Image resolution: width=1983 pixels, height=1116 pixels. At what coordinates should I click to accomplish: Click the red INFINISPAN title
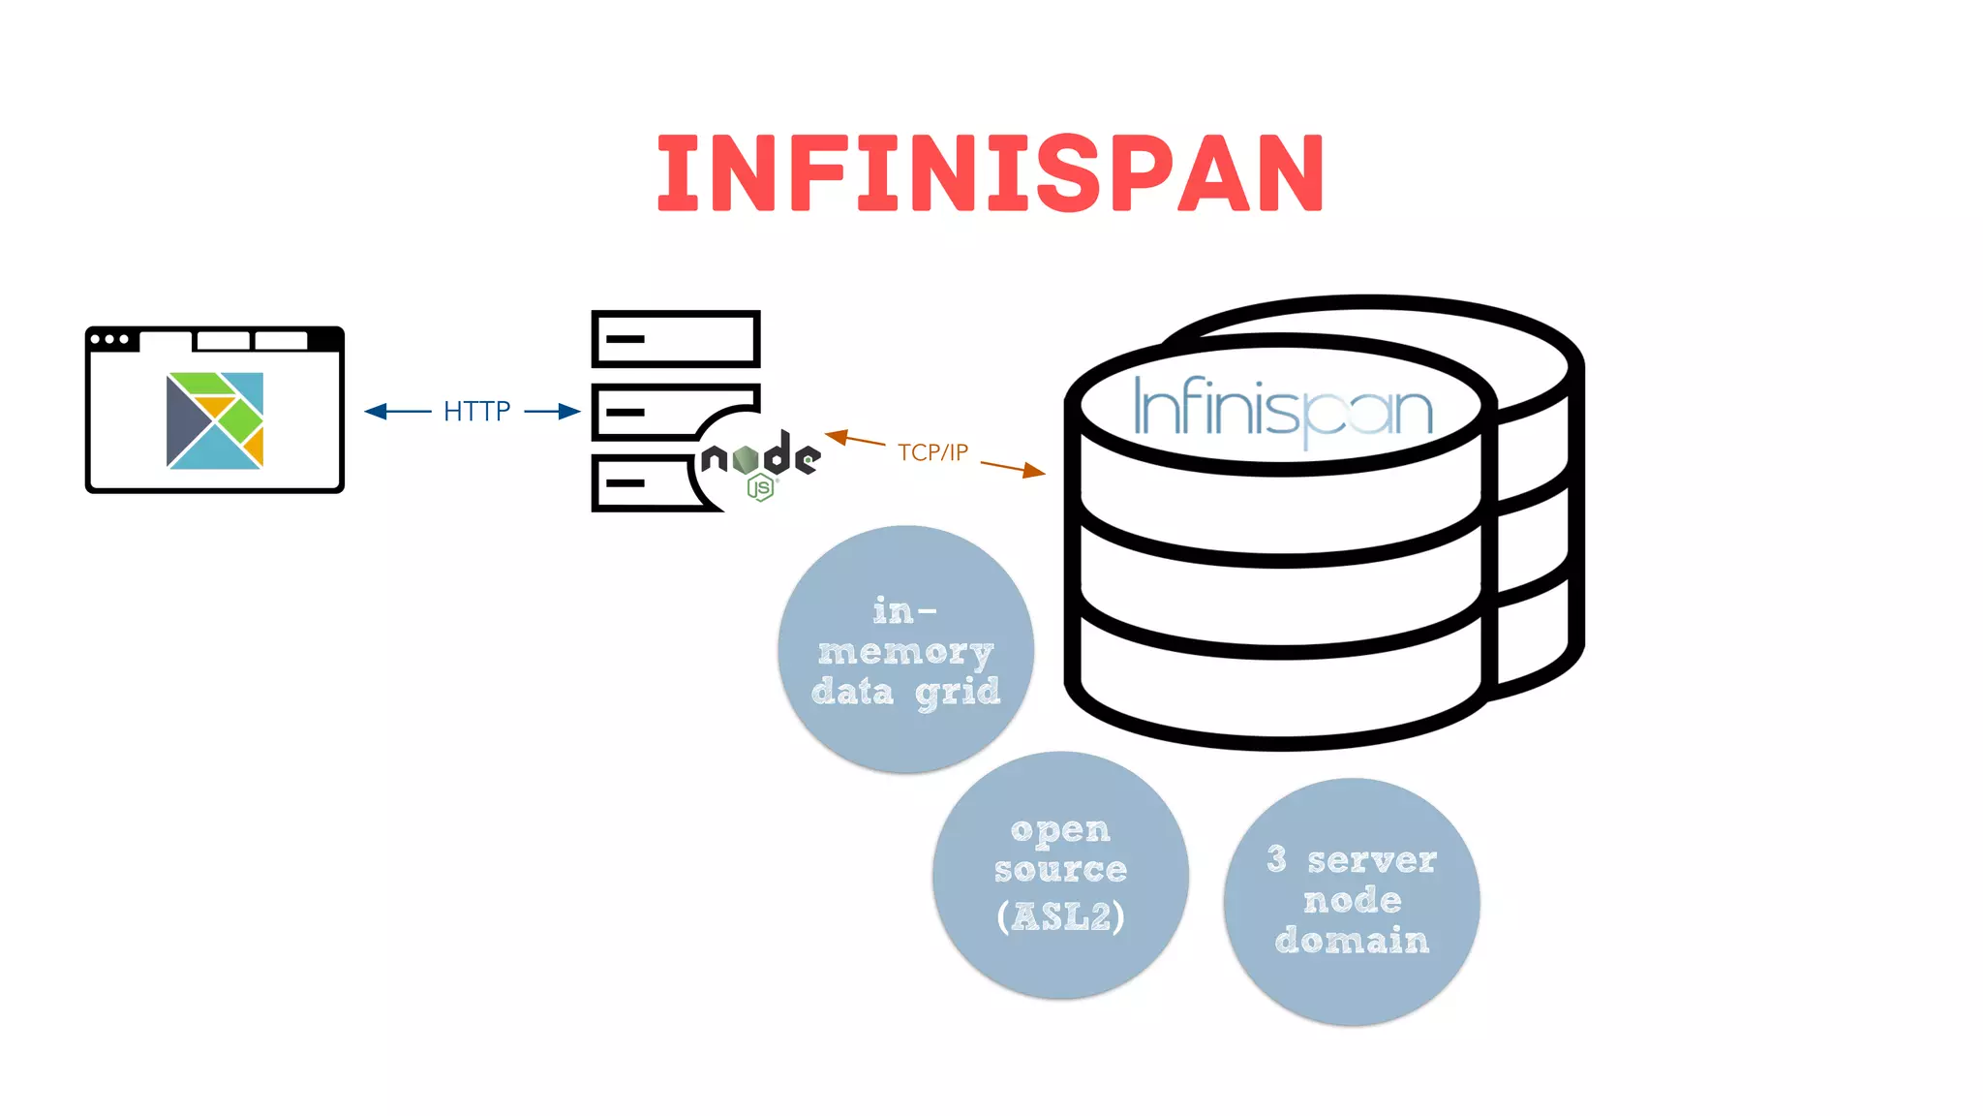[x=990, y=173]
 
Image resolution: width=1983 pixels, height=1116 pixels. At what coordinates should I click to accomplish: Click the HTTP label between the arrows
[x=476, y=412]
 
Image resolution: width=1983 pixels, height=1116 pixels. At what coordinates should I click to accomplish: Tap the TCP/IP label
[x=932, y=452]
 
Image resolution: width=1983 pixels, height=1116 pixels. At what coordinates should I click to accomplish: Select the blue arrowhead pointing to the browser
[x=376, y=412]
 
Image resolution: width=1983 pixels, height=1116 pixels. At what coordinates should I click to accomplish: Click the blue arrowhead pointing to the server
[x=569, y=412]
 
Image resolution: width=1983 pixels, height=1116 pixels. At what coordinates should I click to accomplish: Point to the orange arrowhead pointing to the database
[x=1034, y=472]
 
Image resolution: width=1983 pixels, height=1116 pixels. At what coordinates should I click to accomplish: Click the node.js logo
[x=760, y=459]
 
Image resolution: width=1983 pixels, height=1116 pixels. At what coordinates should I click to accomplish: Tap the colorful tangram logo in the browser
[x=215, y=420]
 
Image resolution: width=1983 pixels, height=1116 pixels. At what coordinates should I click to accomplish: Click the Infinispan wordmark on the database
[x=1283, y=410]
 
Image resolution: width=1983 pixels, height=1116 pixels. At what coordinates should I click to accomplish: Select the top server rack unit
[x=676, y=339]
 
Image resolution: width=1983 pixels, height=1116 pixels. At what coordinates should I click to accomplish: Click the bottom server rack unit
[x=639, y=482]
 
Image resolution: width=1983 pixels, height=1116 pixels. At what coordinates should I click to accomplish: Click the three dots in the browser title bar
[x=109, y=339]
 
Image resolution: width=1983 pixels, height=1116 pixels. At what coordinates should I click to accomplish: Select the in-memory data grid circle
[x=905, y=650]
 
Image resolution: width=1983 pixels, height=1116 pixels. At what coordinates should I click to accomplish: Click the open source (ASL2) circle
[x=1060, y=876]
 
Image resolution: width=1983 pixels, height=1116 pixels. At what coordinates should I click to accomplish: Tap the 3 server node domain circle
[x=1352, y=902]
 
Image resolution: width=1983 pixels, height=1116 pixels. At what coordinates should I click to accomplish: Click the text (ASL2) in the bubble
[x=1061, y=916]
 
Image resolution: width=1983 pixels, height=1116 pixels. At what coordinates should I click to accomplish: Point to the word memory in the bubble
[x=905, y=653]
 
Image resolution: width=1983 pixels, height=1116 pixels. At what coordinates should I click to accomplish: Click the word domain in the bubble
[x=1352, y=941]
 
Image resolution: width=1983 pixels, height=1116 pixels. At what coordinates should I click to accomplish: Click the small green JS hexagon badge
[x=761, y=489]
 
